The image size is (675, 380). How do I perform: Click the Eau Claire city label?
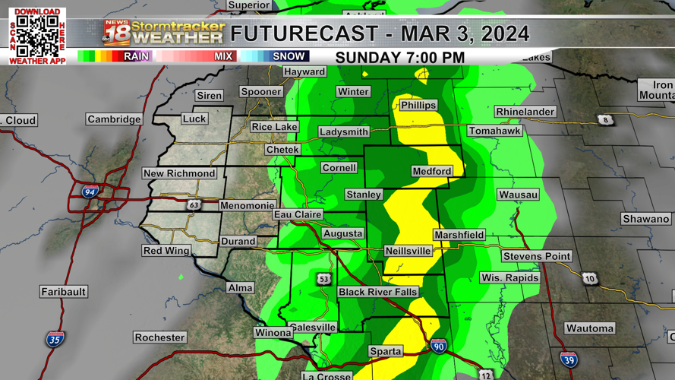[298, 215]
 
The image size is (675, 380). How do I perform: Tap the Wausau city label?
[519, 195]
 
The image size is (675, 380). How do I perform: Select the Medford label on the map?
[432, 171]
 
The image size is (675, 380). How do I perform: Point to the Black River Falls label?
[378, 292]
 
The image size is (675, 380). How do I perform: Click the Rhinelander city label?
[525, 112]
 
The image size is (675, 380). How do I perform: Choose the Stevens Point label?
[536, 256]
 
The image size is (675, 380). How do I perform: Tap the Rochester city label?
[159, 337]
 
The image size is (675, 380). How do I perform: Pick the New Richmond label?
[179, 173]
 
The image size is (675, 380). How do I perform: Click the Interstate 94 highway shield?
[90, 192]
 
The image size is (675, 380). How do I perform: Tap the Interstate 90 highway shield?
[439, 346]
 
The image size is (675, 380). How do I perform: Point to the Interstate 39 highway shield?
[569, 359]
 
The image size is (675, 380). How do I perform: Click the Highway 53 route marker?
[324, 279]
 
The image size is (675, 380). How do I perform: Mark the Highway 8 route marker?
[605, 120]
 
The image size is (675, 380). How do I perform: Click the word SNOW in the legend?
[289, 56]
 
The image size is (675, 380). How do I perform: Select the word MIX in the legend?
[223, 56]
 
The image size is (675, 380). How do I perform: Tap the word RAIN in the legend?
[137, 56]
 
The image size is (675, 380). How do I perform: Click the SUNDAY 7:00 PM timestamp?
[400, 58]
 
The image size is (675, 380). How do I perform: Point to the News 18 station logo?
[117, 33]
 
